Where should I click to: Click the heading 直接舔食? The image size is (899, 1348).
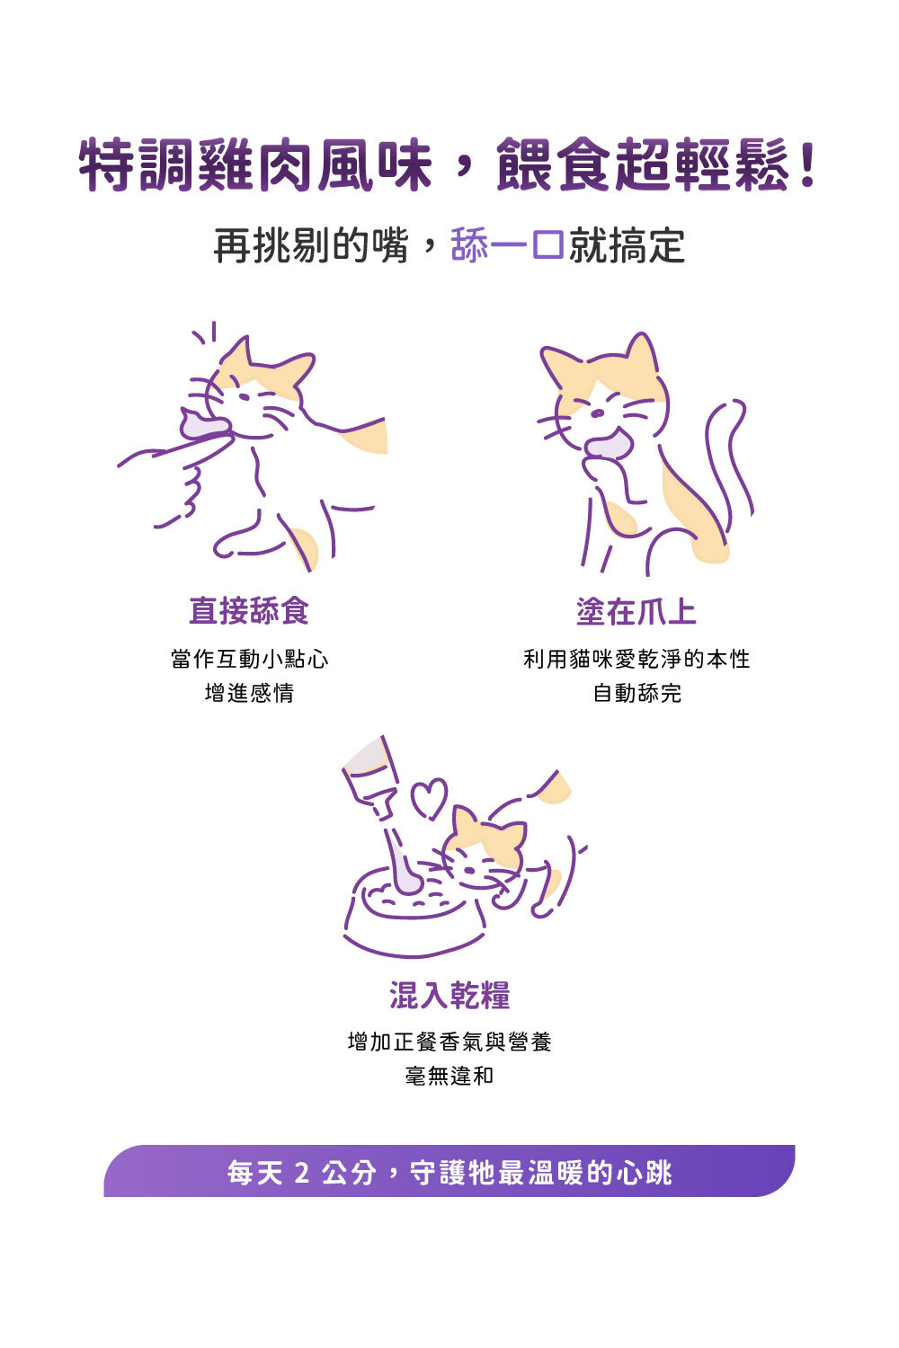click(249, 611)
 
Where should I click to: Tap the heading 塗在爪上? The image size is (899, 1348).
click(636, 611)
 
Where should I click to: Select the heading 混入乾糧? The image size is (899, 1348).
click(449, 995)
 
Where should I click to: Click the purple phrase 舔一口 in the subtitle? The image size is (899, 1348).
click(507, 245)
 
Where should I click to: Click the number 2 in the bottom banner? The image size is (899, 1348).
click(302, 1172)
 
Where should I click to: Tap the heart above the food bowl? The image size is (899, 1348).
click(430, 798)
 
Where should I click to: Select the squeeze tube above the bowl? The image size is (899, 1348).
click(379, 806)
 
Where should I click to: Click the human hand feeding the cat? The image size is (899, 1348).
click(174, 475)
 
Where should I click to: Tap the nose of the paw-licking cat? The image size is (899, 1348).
click(597, 413)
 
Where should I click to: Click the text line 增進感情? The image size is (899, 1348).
click(249, 693)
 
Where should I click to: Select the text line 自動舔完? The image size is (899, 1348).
click(637, 693)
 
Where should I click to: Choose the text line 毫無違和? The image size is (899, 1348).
click(449, 1076)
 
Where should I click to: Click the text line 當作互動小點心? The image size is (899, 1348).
click(249, 659)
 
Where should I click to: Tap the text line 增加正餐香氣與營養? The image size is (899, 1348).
click(449, 1042)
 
